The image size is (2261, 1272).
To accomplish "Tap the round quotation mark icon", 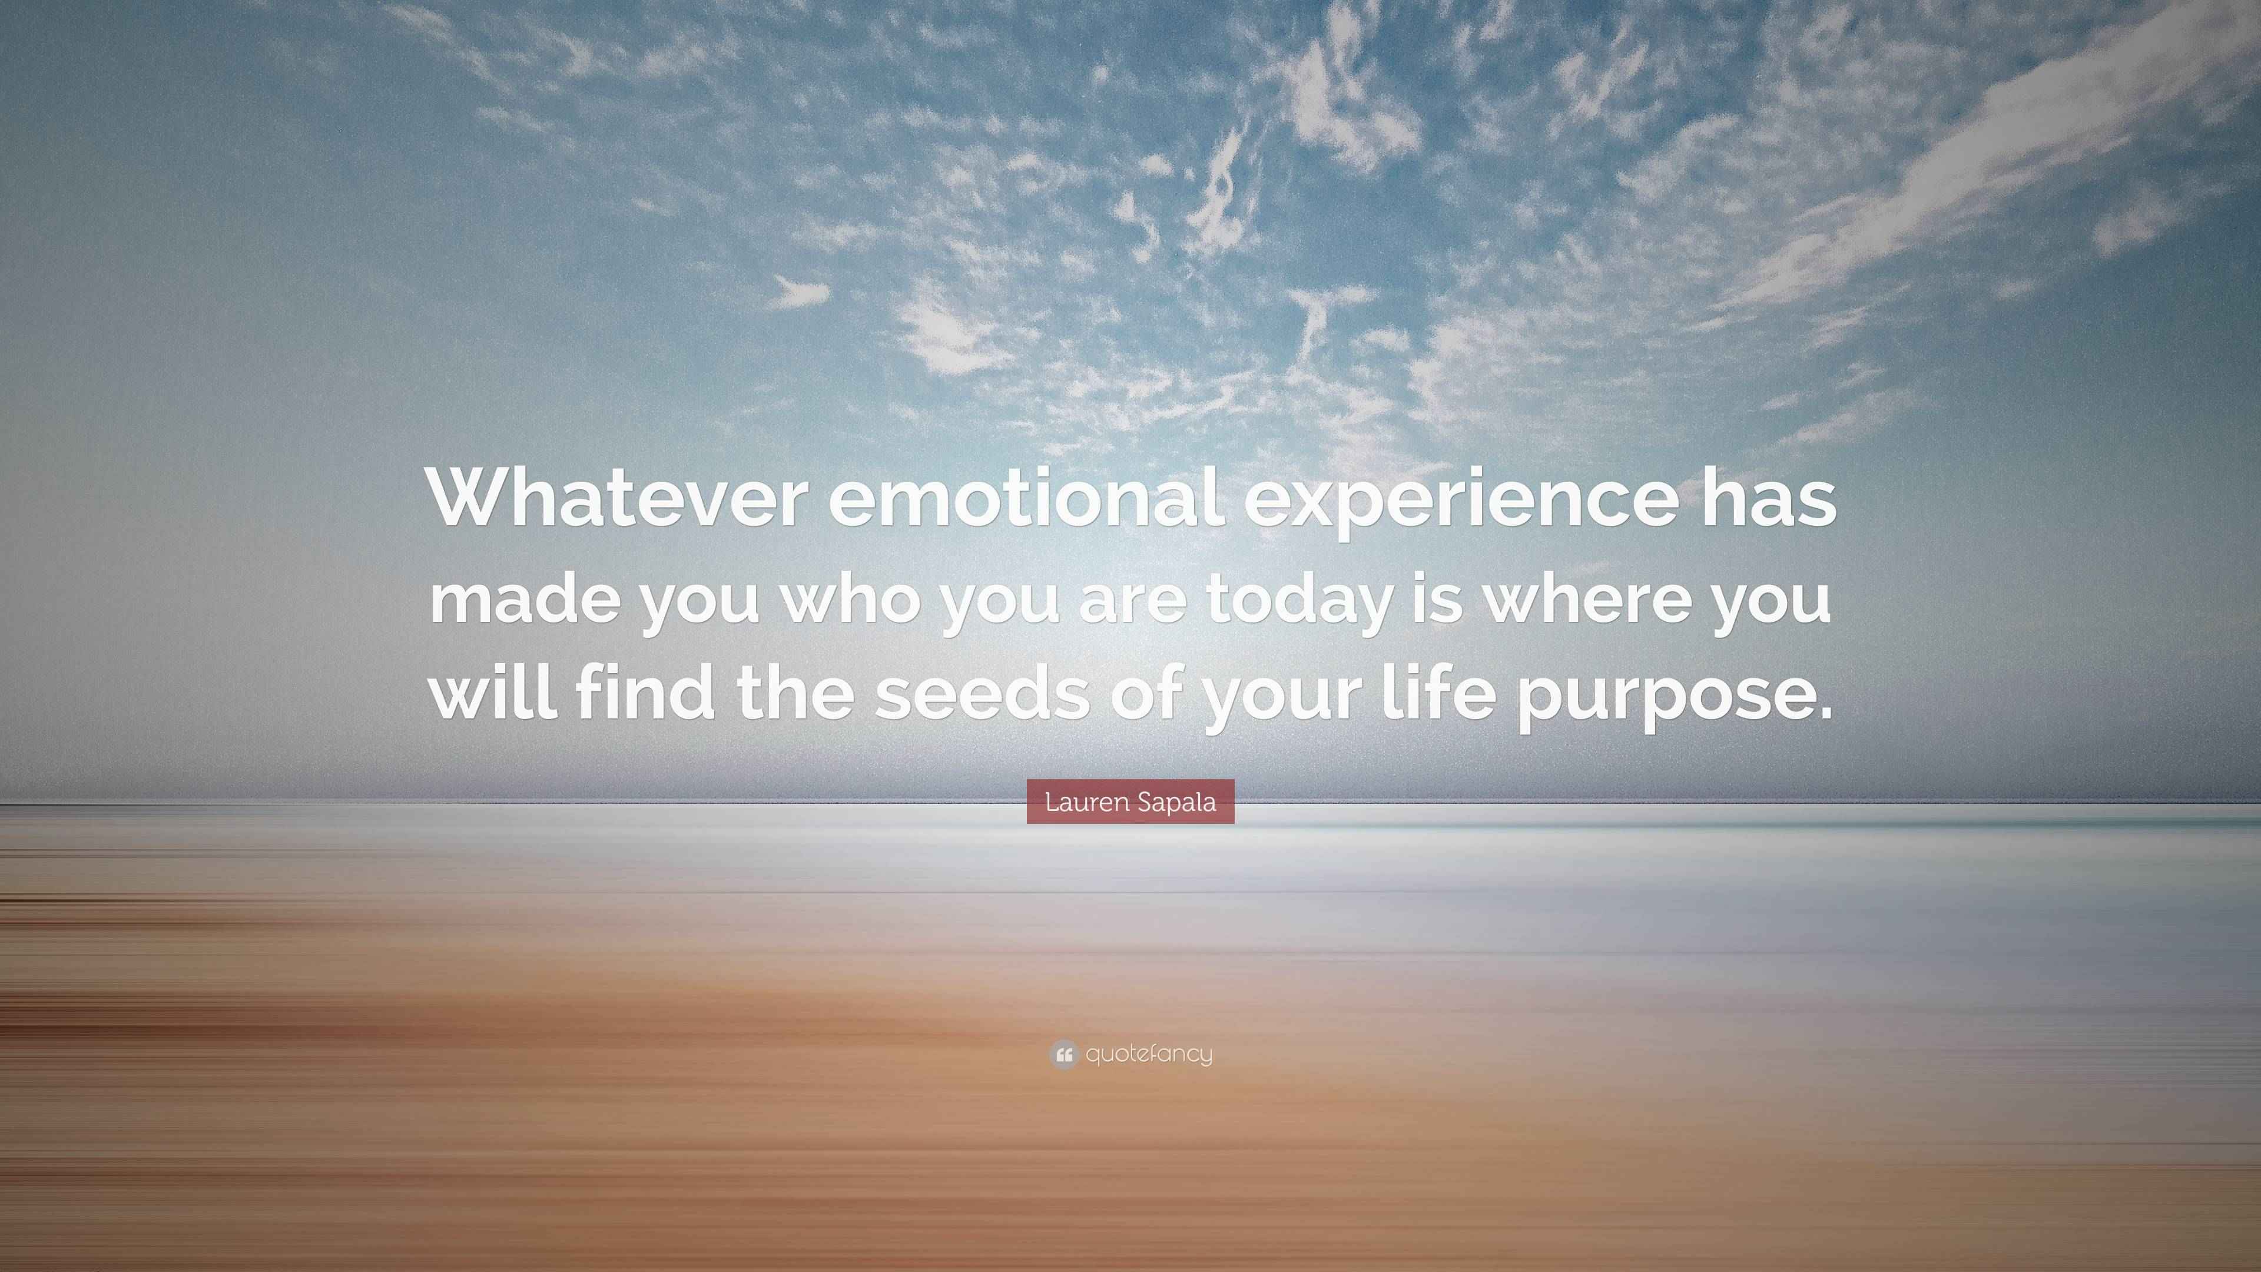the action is click(x=1063, y=1054).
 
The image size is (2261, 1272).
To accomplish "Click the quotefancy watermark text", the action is click(x=1149, y=1054).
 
